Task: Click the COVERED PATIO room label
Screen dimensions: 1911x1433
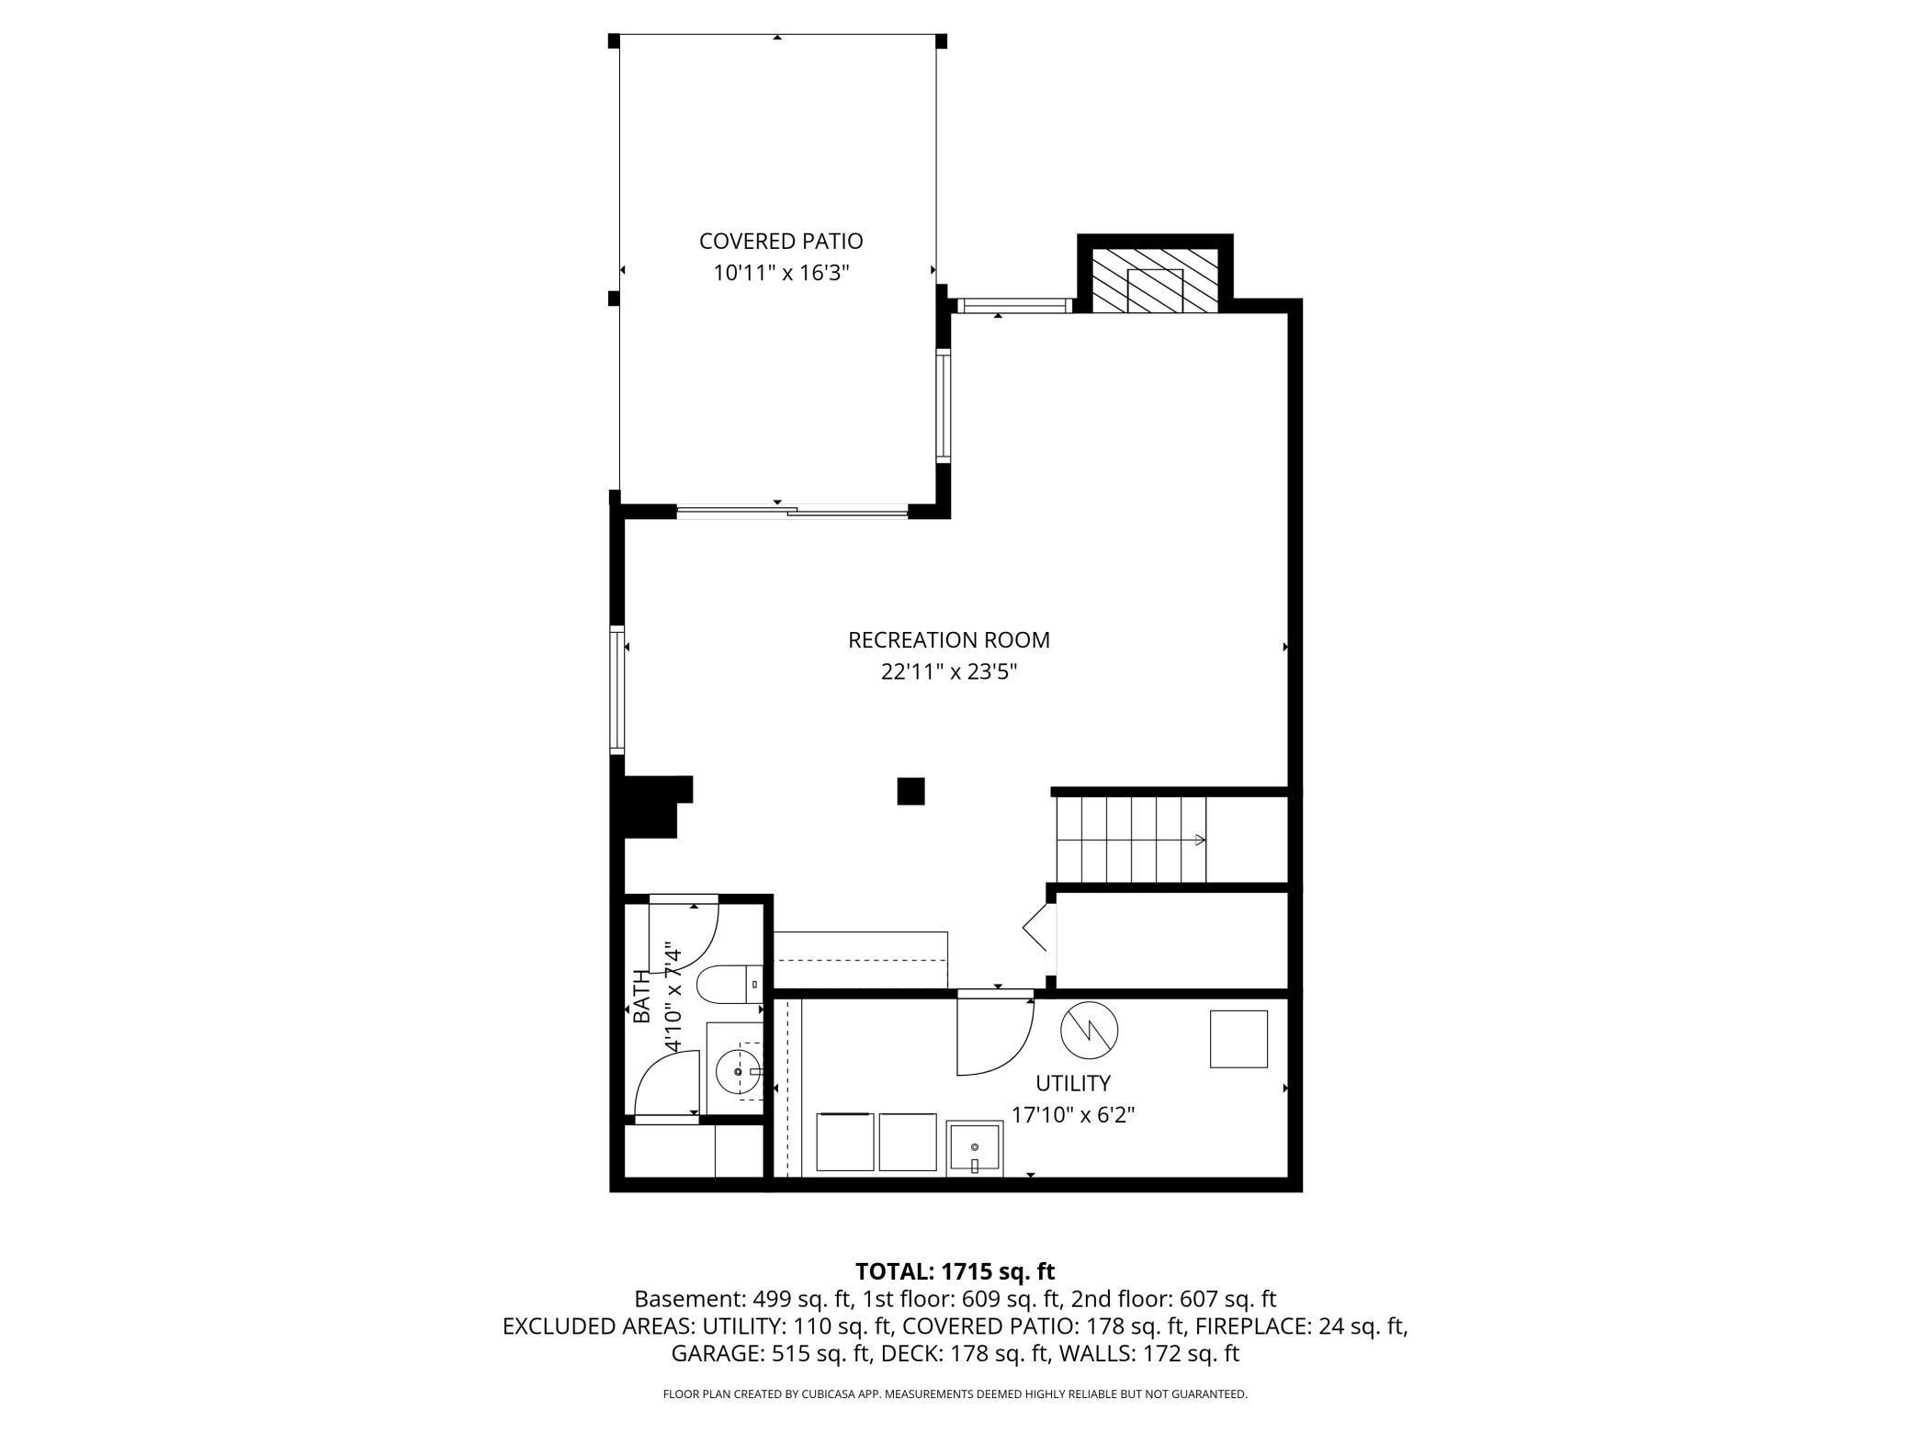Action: (781, 241)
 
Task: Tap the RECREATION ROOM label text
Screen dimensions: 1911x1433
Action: (949, 639)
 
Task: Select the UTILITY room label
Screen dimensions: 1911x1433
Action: (1073, 1083)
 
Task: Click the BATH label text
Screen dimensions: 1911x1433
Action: (641, 998)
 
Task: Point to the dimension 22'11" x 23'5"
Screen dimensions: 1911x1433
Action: (949, 671)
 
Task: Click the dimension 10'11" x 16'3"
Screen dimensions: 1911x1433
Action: (781, 273)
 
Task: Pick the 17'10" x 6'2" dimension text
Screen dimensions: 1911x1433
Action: (1073, 1115)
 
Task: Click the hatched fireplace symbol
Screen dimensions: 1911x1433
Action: (1155, 280)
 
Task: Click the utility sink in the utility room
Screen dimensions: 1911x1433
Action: (975, 1147)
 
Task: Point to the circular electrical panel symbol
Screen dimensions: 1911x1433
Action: (1090, 1030)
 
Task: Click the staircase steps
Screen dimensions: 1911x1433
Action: (1130, 839)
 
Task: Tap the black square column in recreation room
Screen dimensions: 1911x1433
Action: (910, 791)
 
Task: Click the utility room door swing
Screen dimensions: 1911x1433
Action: (995, 1036)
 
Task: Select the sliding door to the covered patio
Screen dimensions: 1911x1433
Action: (792, 511)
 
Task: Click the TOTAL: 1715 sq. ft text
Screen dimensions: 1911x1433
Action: (955, 1271)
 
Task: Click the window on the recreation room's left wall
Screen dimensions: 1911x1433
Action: (617, 690)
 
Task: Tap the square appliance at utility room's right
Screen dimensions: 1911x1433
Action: (1238, 1039)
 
